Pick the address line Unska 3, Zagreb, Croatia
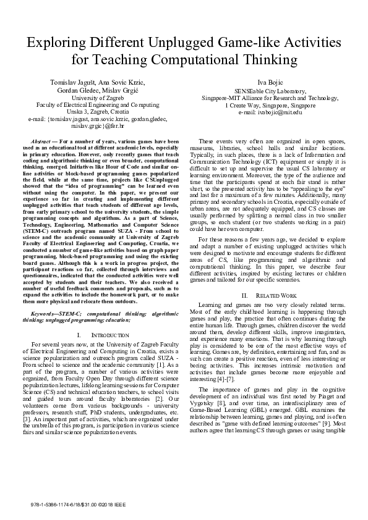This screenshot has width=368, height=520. pyautogui.click(x=89, y=112)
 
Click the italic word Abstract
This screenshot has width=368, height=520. pyautogui.click(x=41, y=141)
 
